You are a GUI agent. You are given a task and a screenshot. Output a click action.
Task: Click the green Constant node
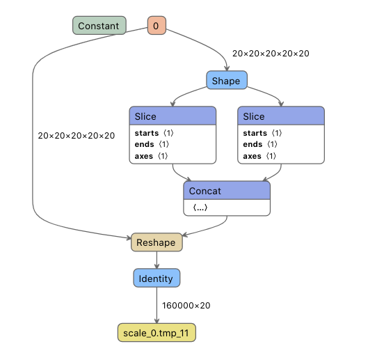point(99,26)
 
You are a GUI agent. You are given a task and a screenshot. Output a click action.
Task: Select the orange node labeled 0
point(156,26)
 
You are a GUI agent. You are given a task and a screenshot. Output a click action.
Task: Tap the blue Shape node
point(226,81)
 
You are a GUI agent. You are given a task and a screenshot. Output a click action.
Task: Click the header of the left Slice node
point(172,116)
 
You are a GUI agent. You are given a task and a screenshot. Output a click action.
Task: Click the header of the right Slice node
point(280,116)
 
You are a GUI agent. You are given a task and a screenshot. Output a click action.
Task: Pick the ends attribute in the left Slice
point(149,144)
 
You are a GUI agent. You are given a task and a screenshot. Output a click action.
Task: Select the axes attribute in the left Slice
point(149,156)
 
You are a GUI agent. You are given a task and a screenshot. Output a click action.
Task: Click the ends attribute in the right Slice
point(257,144)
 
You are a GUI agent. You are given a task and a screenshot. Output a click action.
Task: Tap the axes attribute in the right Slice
point(257,156)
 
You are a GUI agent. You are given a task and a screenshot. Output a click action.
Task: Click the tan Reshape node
point(156,242)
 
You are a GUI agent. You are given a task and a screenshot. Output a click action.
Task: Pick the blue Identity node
point(157,278)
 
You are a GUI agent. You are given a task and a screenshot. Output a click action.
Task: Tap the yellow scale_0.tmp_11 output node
point(156,333)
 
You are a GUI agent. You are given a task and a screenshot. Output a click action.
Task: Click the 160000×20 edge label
point(186,306)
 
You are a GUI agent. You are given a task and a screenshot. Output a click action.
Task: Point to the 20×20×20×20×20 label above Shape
point(271,53)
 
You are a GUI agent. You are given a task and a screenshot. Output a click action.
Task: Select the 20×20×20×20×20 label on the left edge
point(77,136)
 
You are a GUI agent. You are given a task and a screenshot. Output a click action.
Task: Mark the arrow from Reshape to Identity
point(157,260)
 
